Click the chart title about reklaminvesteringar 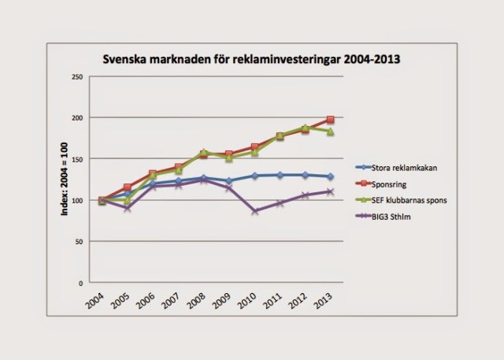253,60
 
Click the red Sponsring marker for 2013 330,120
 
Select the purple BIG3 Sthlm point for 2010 254,211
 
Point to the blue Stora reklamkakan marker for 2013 330,176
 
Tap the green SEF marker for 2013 330,132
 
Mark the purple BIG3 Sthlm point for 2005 128,207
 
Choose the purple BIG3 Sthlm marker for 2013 330,191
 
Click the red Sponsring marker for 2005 128,187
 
